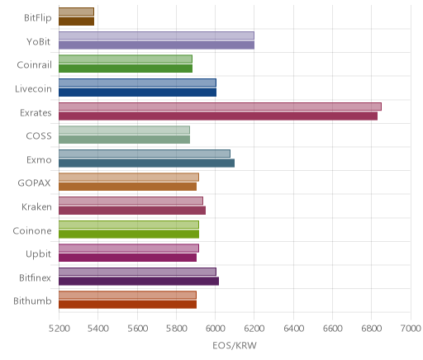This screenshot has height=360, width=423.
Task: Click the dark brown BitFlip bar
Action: pos(76,21)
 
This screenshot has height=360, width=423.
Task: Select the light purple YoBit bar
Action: pos(156,36)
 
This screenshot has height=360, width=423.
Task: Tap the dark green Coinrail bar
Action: pos(126,69)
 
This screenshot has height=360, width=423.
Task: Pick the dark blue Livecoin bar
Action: pos(137,92)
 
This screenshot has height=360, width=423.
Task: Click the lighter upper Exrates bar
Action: pos(220,107)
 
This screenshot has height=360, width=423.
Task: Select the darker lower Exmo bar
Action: pos(146,163)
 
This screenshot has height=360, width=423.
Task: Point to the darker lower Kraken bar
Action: pos(132,211)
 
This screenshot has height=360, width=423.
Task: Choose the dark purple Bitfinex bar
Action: pos(139,282)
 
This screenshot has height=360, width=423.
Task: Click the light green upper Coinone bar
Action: pos(129,225)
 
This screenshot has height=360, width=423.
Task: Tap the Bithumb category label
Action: pos(32,301)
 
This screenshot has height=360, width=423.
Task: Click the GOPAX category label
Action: pos(35,183)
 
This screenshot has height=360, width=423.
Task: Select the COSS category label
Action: pos(39,136)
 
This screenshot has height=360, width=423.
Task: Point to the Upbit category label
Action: pos(38,254)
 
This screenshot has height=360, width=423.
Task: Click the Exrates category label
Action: pos(36,112)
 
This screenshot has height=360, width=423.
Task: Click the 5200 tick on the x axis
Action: pos(59,328)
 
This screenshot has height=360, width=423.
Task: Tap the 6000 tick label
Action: pos(216,328)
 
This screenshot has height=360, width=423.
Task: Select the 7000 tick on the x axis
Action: pos(411,328)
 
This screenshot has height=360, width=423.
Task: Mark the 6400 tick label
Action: pos(293,328)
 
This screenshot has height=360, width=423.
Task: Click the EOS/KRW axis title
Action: pos(235,345)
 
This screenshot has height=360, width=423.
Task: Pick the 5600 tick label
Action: pos(137,328)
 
